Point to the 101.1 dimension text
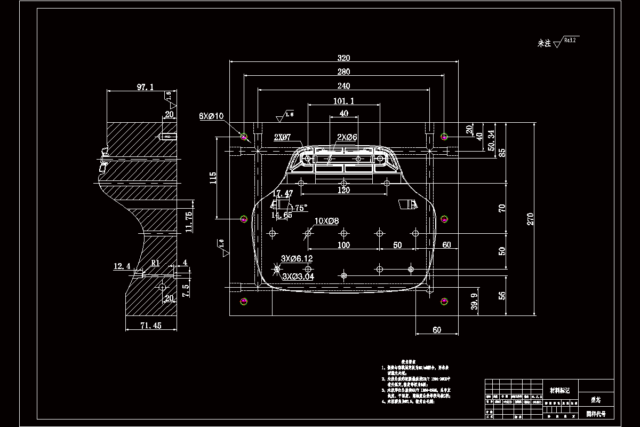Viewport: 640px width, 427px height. pyautogui.click(x=343, y=100)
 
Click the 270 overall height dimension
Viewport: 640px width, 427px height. pyautogui.click(x=531, y=218)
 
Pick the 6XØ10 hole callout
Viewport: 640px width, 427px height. pyautogui.click(x=211, y=116)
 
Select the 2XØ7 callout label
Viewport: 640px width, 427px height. pyautogui.click(x=282, y=137)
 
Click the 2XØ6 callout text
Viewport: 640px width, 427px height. pyautogui.click(x=347, y=137)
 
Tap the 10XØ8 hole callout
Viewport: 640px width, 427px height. pyautogui.click(x=326, y=220)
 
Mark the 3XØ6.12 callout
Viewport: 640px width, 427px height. pyautogui.click(x=298, y=258)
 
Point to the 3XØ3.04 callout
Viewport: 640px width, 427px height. pyautogui.click(x=298, y=276)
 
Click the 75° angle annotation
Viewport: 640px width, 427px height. pyautogui.click(x=301, y=208)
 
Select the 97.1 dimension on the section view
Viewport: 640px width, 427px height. pyautogui.click(x=145, y=86)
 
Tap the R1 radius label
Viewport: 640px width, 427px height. pyautogui.click(x=155, y=263)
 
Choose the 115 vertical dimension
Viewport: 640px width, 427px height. pyautogui.click(x=213, y=177)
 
